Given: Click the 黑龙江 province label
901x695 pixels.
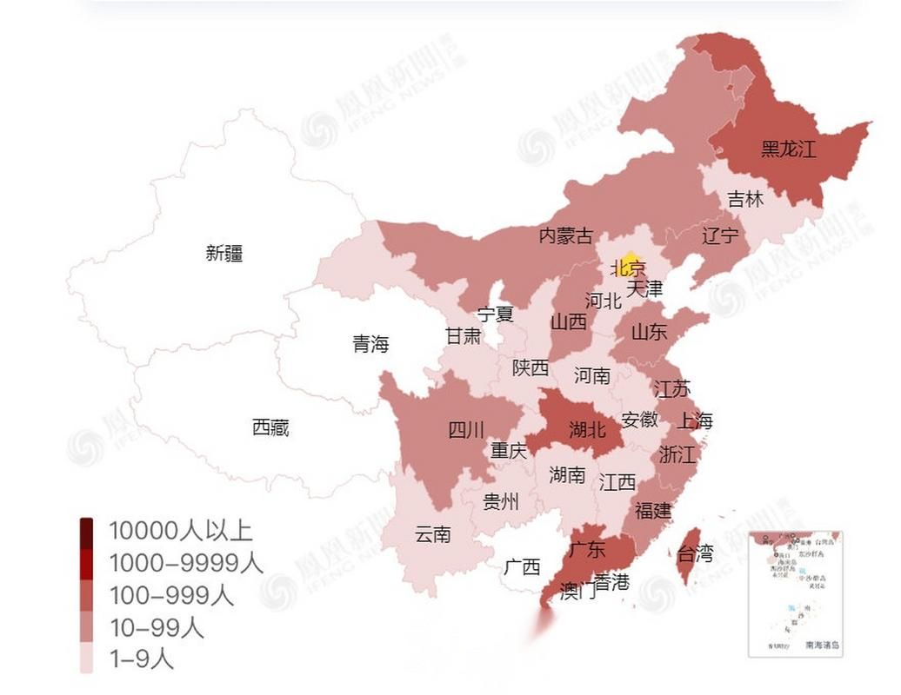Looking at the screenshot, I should pyautogui.click(x=788, y=149).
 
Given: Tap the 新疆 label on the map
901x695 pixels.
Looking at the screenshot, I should pyautogui.click(x=224, y=254).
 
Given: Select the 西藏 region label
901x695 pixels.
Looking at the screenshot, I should pyautogui.click(x=270, y=427).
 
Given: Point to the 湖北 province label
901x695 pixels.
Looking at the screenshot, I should pyautogui.click(x=587, y=429).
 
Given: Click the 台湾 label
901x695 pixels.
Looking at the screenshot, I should pyautogui.click(x=695, y=553).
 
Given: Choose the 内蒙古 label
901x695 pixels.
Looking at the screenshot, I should pyautogui.click(x=566, y=235).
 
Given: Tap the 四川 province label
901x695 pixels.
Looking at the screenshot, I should pyautogui.click(x=466, y=430).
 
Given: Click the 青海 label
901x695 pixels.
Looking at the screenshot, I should pyautogui.click(x=370, y=344).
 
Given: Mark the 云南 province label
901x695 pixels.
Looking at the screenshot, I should pyautogui.click(x=433, y=534).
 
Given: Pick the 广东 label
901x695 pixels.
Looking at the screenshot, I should pyautogui.click(x=587, y=549).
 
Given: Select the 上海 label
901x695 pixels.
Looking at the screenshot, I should pyautogui.click(x=694, y=421).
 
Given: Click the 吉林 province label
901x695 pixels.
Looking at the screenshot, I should pyautogui.click(x=745, y=200).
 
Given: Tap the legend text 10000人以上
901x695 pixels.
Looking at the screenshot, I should pyautogui.click(x=180, y=530).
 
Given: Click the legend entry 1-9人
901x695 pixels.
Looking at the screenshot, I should pyautogui.click(x=140, y=659).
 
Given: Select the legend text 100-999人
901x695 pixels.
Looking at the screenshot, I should pyautogui.click(x=171, y=595).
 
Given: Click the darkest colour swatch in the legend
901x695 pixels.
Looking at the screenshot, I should pyautogui.click(x=87, y=530).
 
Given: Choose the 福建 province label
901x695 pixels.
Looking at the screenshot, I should pyautogui.click(x=653, y=511).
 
